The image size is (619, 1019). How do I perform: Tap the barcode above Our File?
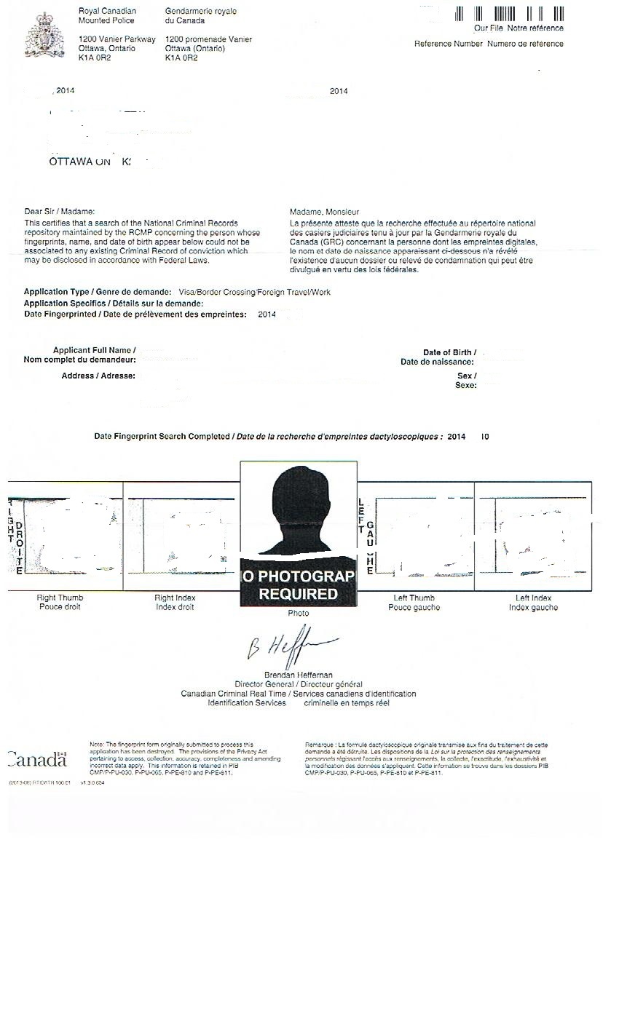[x=510, y=14]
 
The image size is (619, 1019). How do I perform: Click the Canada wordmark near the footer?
[x=37, y=760]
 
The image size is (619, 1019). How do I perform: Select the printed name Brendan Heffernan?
[x=298, y=675]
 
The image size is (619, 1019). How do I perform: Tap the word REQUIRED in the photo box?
[x=298, y=594]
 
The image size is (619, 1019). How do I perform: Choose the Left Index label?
[x=533, y=598]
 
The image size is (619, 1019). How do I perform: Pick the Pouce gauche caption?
[x=414, y=608]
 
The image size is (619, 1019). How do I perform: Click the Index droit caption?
[x=175, y=608]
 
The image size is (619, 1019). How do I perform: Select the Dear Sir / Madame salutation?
[x=60, y=211]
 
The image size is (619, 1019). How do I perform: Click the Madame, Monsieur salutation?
[x=324, y=211]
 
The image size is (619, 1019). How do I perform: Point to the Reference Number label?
[x=449, y=44]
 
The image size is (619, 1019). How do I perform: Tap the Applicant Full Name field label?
[x=94, y=351]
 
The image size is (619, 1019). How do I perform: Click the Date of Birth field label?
[x=449, y=352]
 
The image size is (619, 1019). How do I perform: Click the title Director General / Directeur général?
[x=298, y=684]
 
